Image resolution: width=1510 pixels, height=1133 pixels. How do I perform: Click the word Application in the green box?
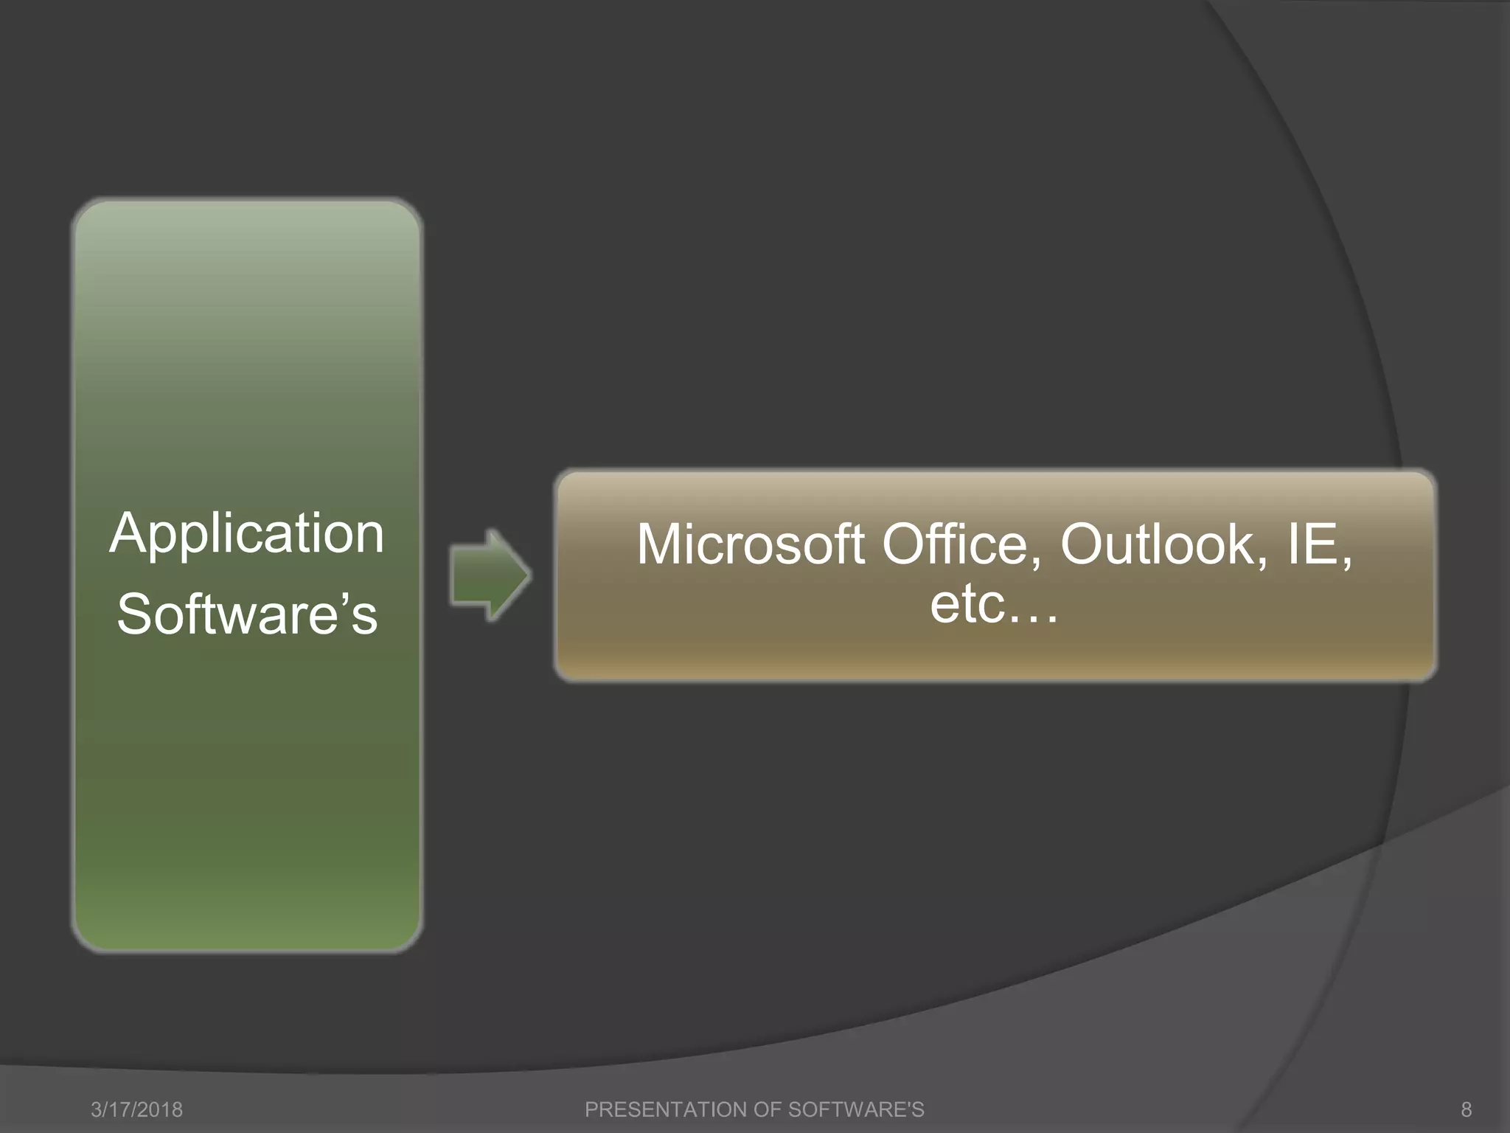pyautogui.click(x=247, y=534)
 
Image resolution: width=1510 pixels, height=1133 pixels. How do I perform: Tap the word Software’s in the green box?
pyautogui.click(x=247, y=614)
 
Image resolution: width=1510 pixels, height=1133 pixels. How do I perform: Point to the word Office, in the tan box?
pyautogui.click(x=961, y=545)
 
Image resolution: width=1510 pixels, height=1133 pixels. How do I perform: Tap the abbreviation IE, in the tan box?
pyautogui.click(x=1319, y=545)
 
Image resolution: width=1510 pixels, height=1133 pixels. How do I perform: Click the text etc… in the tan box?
pyautogui.click(x=993, y=604)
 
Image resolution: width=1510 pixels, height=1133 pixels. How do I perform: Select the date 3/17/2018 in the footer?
pyautogui.click(x=136, y=1109)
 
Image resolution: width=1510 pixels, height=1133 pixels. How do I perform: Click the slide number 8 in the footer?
pyautogui.click(x=1466, y=1109)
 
